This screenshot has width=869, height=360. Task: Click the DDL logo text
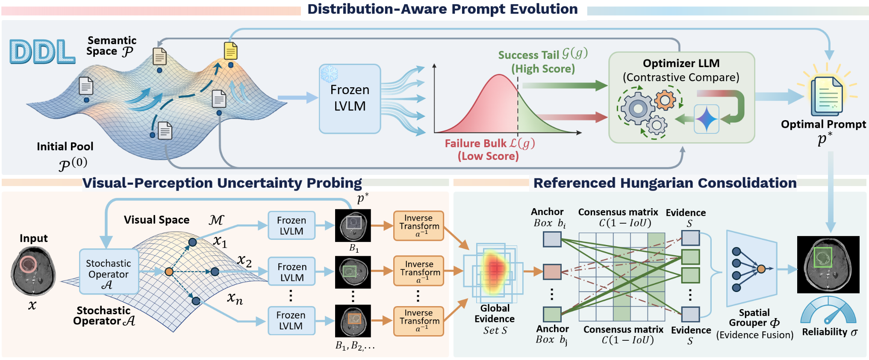click(42, 52)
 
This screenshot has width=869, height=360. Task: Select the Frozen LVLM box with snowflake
click(350, 99)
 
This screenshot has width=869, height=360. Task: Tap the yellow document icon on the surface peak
click(231, 51)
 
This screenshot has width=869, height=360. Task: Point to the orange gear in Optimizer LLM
click(665, 100)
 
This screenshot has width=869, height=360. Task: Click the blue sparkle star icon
click(706, 119)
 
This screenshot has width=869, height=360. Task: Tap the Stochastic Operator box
click(109, 271)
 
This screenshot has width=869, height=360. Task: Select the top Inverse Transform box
click(419, 226)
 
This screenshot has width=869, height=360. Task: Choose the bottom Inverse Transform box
click(419, 321)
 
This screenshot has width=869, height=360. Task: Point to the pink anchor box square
click(552, 271)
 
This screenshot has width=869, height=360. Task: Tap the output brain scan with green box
click(828, 264)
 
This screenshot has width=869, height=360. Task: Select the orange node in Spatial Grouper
click(761, 269)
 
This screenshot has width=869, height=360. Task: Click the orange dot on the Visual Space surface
click(169, 271)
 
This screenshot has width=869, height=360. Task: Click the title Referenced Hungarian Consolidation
click(665, 183)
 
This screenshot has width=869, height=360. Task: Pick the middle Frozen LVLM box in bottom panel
click(292, 272)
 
